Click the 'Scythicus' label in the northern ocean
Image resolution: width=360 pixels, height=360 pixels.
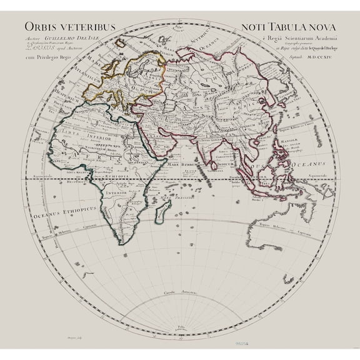pyautogui.click(x=187, y=39)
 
